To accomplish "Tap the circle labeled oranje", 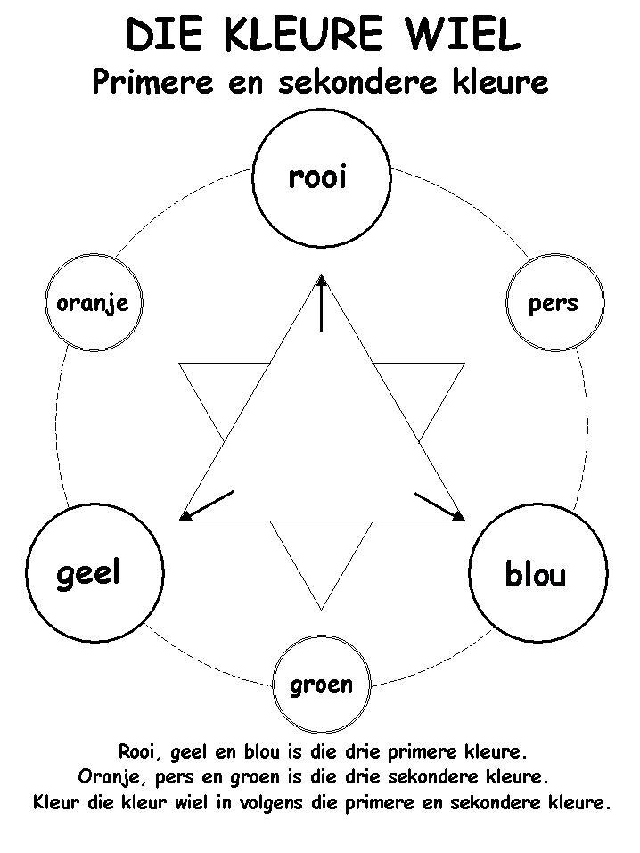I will point(92,302).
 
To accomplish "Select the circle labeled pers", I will point(554,302).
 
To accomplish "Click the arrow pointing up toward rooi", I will point(321,303).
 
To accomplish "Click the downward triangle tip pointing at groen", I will point(321,604).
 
